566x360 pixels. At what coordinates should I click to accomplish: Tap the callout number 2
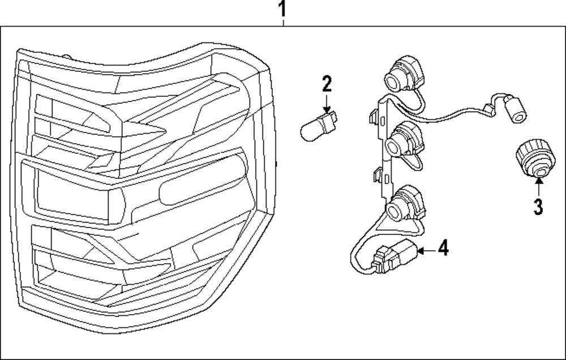[327, 84]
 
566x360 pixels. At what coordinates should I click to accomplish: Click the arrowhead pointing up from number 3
[538, 181]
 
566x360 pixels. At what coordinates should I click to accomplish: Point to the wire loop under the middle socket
[416, 164]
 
